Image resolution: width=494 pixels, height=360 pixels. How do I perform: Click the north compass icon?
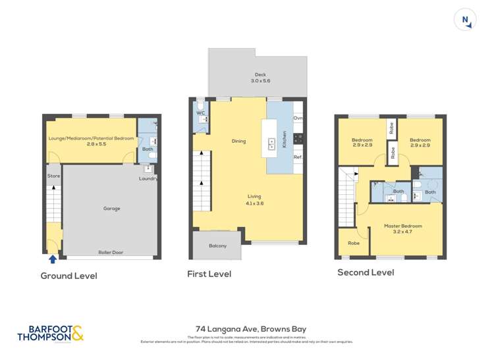465,20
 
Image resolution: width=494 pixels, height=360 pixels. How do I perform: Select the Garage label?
111,209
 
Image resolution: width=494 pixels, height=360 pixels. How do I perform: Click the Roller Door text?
112,252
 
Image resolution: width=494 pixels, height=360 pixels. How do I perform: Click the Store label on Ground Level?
53,176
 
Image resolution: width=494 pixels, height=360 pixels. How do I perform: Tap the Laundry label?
148,178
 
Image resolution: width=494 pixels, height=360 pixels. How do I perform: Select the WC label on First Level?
201,113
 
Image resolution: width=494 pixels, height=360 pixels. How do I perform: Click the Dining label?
238,141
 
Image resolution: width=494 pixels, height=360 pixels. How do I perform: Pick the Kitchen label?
285,138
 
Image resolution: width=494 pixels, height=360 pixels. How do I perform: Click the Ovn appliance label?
298,118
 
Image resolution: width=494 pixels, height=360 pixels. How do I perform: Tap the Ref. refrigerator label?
298,157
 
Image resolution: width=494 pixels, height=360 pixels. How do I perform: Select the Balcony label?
217,246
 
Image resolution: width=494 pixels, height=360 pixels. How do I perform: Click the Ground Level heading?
69,276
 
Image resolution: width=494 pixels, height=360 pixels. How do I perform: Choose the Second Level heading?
366,272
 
